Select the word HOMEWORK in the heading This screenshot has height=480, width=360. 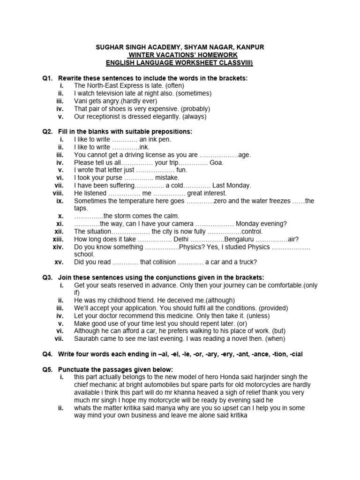point(208,55)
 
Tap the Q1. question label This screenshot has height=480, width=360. point(48,78)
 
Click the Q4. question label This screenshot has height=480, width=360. point(48,353)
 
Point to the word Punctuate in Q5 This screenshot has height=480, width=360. point(75,369)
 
